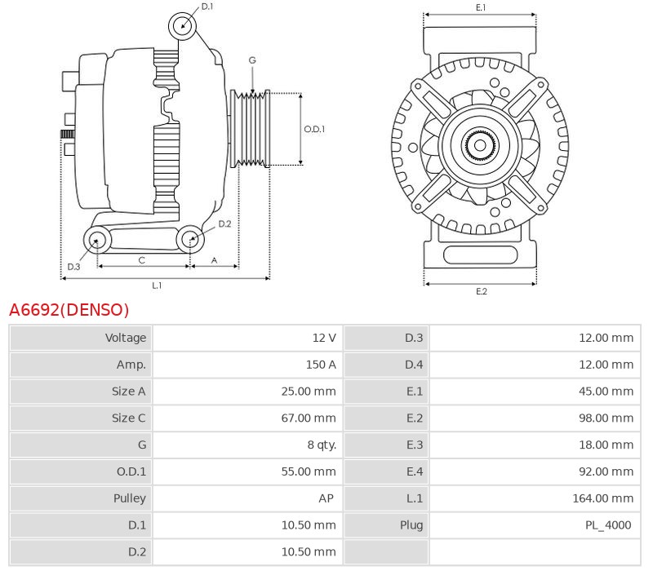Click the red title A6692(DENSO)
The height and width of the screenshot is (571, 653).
pyautogui.click(x=69, y=310)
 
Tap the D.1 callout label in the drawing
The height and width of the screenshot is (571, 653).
pyautogui.click(x=207, y=7)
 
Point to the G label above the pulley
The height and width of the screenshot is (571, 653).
pyautogui.click(x=252, y=60)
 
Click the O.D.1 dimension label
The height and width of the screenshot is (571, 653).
pyautogui.click(x=314, y=129)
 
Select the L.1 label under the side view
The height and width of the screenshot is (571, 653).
pyautogui.click(x=157, y=285)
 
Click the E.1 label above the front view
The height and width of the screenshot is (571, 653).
pyautogui.click(x=481, y=7)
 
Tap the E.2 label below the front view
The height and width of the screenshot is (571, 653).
pyautogui.click(x=481, y=291)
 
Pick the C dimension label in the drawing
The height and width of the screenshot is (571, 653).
pyautogui.click(x=142, y=260)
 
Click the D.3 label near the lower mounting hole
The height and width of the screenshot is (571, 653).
pyautogui.click(x=73, y=267)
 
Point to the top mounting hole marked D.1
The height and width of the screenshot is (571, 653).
pyautogui.click(x=184, y=25)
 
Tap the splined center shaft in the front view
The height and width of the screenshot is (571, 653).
pyautogui.click(x=480, y=147)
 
